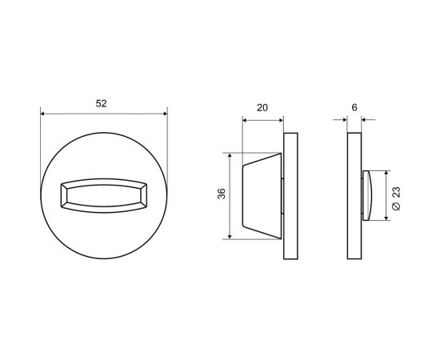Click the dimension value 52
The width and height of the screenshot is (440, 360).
(101, 103)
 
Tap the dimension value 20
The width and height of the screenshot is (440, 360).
(262, 108)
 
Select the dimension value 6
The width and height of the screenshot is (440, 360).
(354, 107)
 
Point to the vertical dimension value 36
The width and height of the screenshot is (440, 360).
(222, 194)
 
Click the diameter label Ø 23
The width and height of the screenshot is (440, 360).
(396, 198)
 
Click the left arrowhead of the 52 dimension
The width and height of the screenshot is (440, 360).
(42, 114)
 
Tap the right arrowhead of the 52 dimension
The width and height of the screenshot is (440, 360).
(165, 114)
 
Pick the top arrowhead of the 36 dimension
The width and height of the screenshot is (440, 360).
(230, 155)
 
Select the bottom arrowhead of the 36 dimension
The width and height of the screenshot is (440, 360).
(230, 237)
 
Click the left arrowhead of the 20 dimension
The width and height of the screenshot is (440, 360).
(245, 120)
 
